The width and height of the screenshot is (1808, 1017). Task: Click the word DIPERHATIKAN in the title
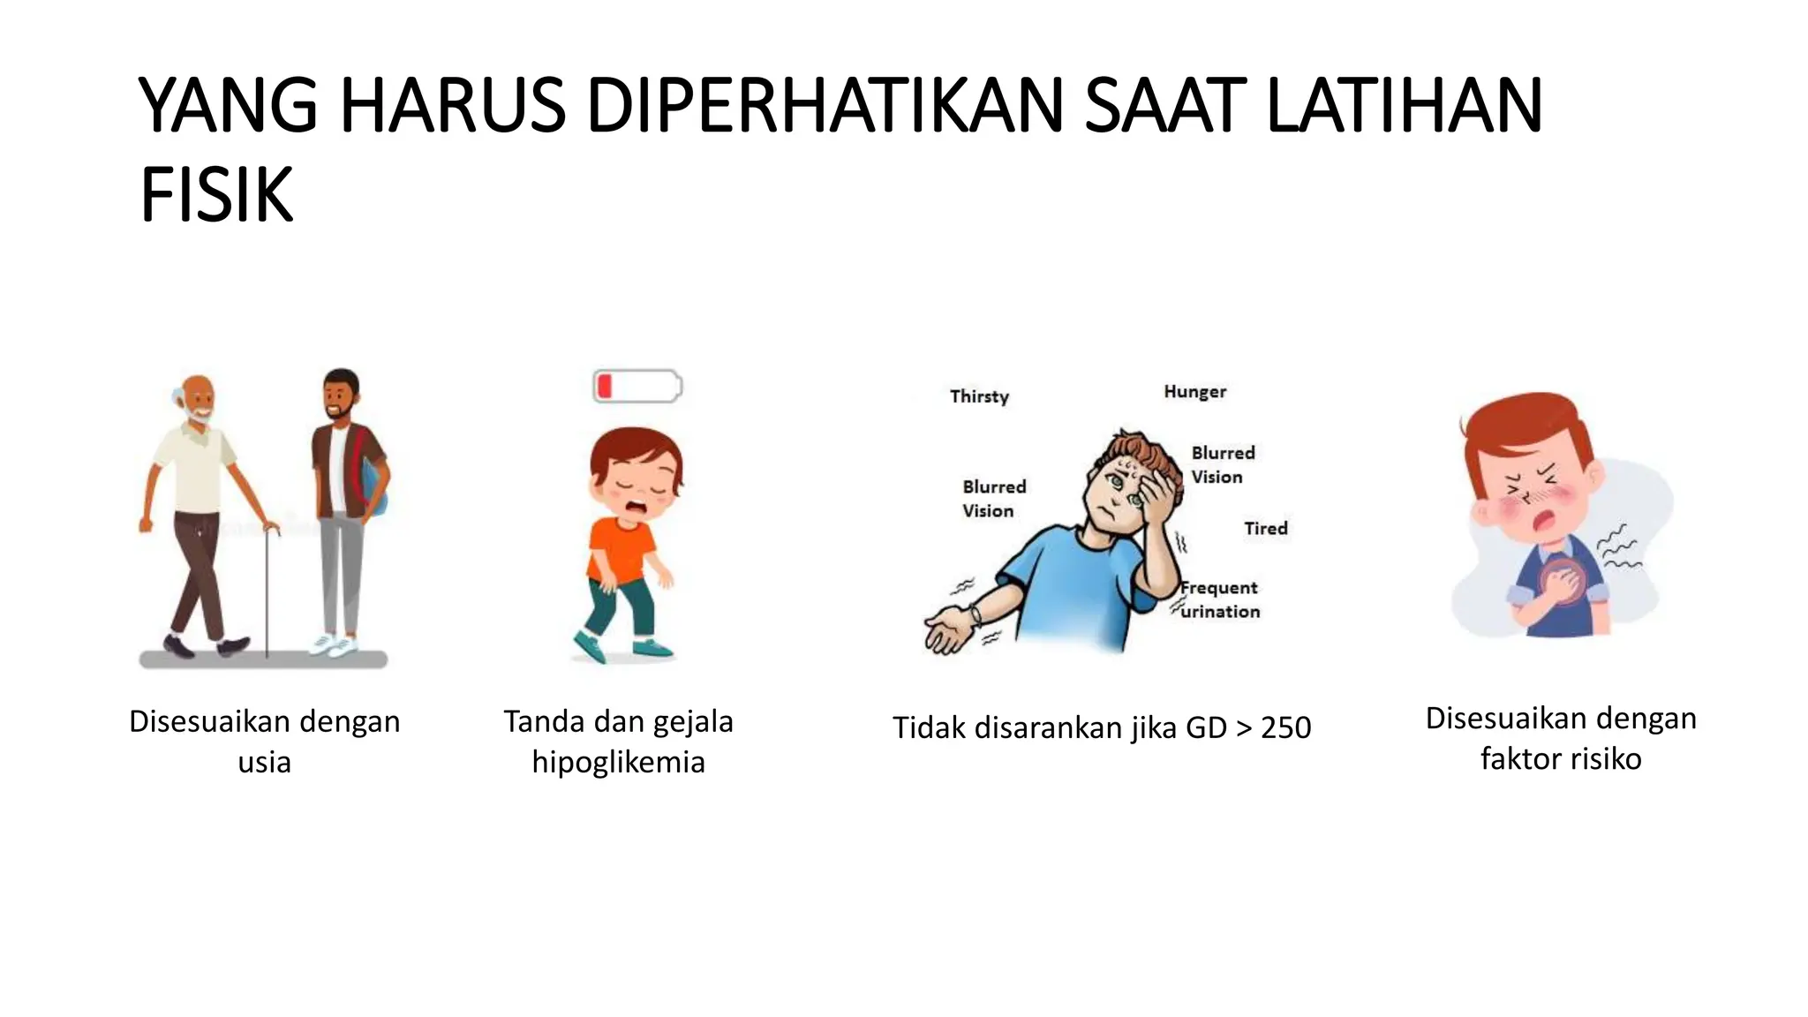coord(825,106)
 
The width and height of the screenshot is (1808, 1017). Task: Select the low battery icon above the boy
coord(637,387)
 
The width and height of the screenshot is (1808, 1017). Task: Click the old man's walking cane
coord(267,591)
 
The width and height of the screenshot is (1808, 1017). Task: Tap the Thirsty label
coord(979,396)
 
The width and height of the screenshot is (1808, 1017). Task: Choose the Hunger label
coord(1194,391)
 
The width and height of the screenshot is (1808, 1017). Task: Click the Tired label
coord(1266,528)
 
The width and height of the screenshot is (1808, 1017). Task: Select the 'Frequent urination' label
coord(1220,599)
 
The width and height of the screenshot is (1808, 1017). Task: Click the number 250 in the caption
coord(1285,727)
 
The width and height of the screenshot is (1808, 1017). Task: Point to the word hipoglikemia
coord(618,762)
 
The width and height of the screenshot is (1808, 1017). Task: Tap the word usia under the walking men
coord(264,762)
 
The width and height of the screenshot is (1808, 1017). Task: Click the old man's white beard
coord(200,417)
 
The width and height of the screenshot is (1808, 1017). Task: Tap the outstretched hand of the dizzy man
coord(946,632)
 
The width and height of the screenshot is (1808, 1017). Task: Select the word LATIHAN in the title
coord(1404,106)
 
